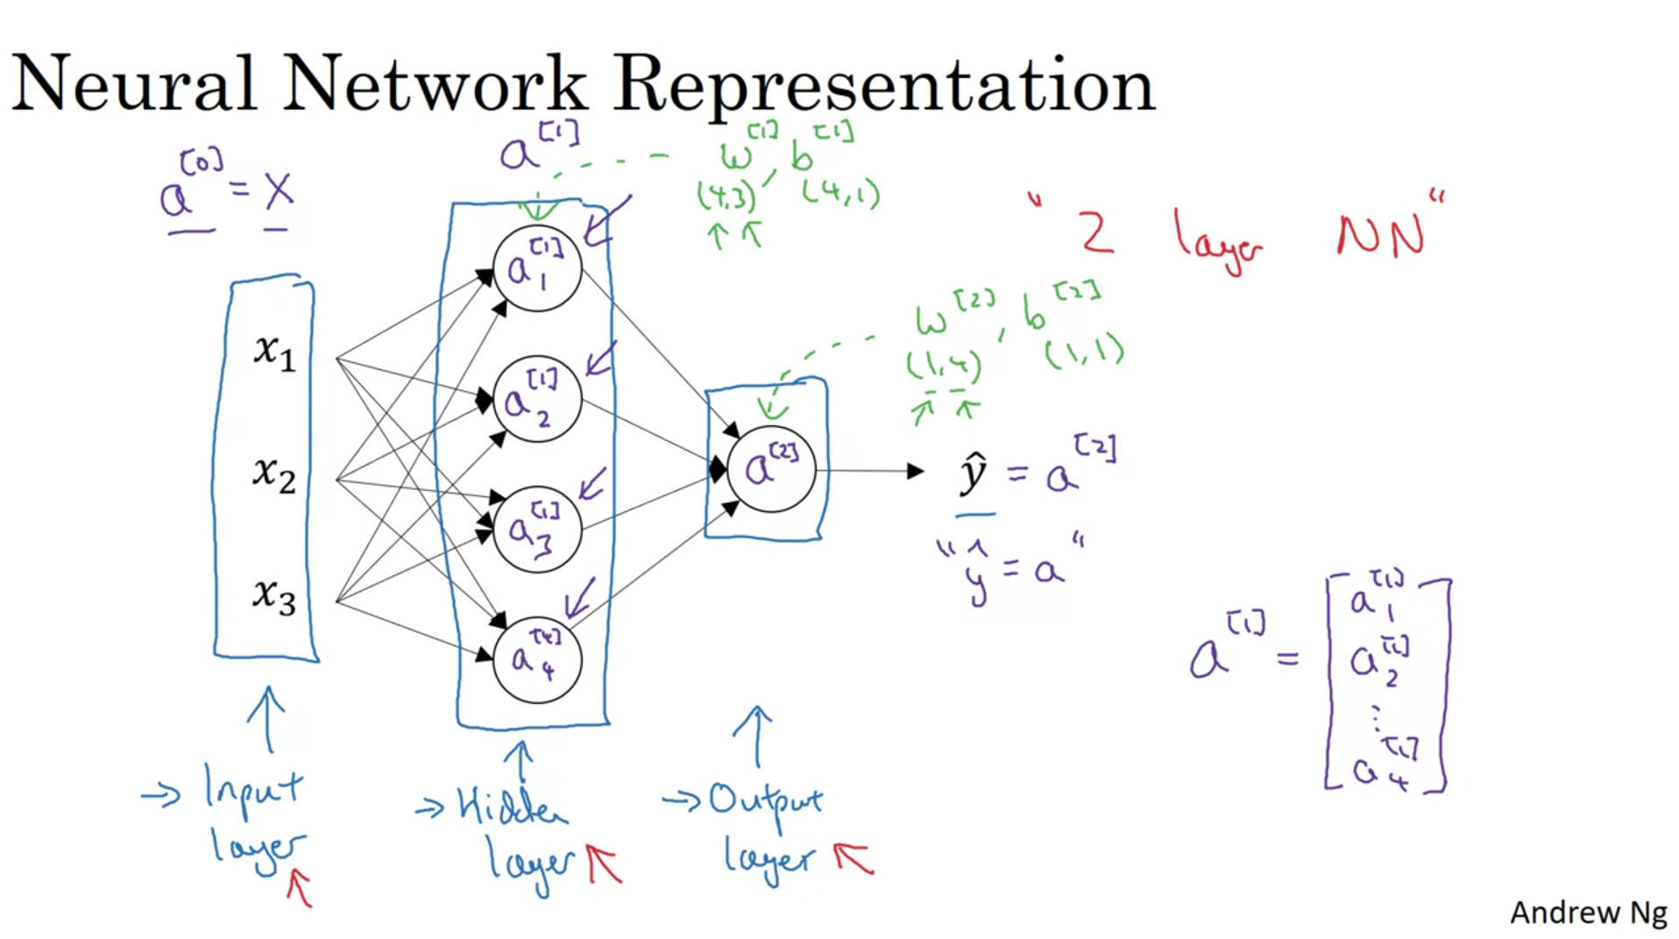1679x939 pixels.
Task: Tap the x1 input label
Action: pos(274,352)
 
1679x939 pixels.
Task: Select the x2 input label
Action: pos(274,474)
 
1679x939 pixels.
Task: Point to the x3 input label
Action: pos(274,596)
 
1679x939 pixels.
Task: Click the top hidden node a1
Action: pos(537,268)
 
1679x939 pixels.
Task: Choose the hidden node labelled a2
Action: pos(537,400)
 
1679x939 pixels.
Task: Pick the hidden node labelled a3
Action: pos(537,530)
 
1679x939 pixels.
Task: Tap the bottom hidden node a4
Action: pos(537,659)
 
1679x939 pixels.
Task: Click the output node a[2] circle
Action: pos(771,469)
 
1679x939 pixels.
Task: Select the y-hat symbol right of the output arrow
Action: pos(974,474)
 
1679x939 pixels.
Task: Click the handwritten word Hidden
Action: pos(511,805)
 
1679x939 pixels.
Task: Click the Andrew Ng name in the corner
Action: pos(1588,913)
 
